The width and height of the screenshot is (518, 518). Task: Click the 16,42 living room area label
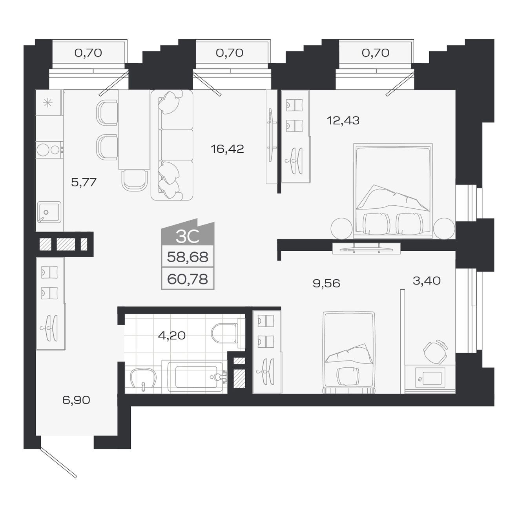coord(227,149)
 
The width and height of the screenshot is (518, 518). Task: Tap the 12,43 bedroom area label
coord(343,120)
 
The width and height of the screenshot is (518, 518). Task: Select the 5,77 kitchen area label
coord(84,182)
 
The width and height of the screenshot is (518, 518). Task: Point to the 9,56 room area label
coord(326,283)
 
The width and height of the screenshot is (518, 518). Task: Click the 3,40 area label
coord(427,281)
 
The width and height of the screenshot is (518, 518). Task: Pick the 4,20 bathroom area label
coord(171,335)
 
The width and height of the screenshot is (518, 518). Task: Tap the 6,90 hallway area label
coord(76,400)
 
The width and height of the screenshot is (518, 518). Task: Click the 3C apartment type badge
coord(188,236)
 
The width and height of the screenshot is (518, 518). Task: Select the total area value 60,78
coord(188,279)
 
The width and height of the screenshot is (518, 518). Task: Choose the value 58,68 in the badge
coord(188,257)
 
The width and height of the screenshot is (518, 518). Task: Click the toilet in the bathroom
coord(225,333)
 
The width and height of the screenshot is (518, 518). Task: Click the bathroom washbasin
coord(143,379)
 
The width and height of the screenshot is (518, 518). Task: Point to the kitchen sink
coord(49,212)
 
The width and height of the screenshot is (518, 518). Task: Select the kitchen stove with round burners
coord(49,150)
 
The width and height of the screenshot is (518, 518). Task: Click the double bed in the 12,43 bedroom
coord(393,191)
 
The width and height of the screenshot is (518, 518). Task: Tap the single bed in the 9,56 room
coord(348,352)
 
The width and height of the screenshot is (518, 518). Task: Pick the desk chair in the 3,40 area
coord(435,351)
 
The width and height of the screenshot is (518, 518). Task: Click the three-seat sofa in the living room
coord(172,145)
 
